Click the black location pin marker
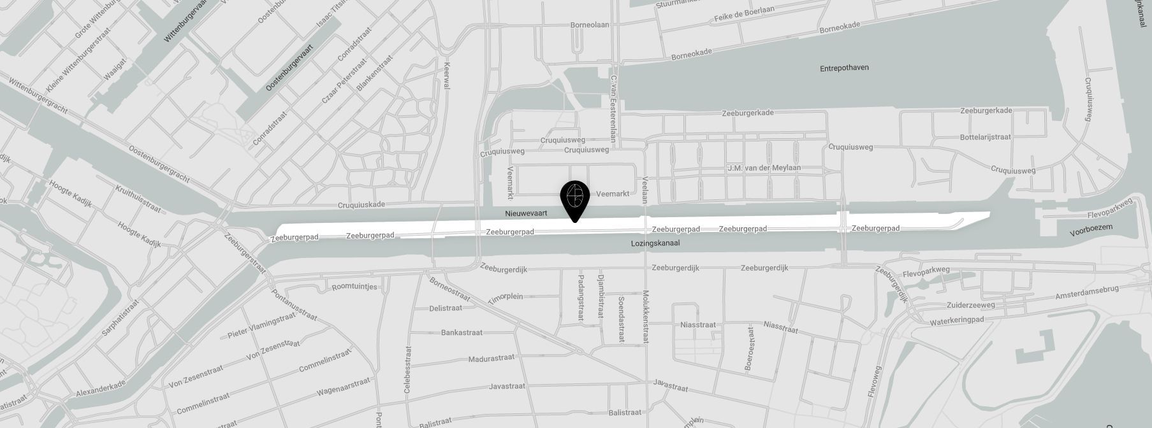click(574, 197)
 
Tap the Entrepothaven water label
click(844, 68)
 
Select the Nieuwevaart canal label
click(526, 213)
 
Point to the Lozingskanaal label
click(655, 243)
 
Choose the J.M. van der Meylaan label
click(764, 168)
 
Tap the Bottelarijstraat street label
click(986, 137)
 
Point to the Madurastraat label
click(491, 359)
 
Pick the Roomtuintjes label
click(354, 287)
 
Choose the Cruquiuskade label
click(361, 205)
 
